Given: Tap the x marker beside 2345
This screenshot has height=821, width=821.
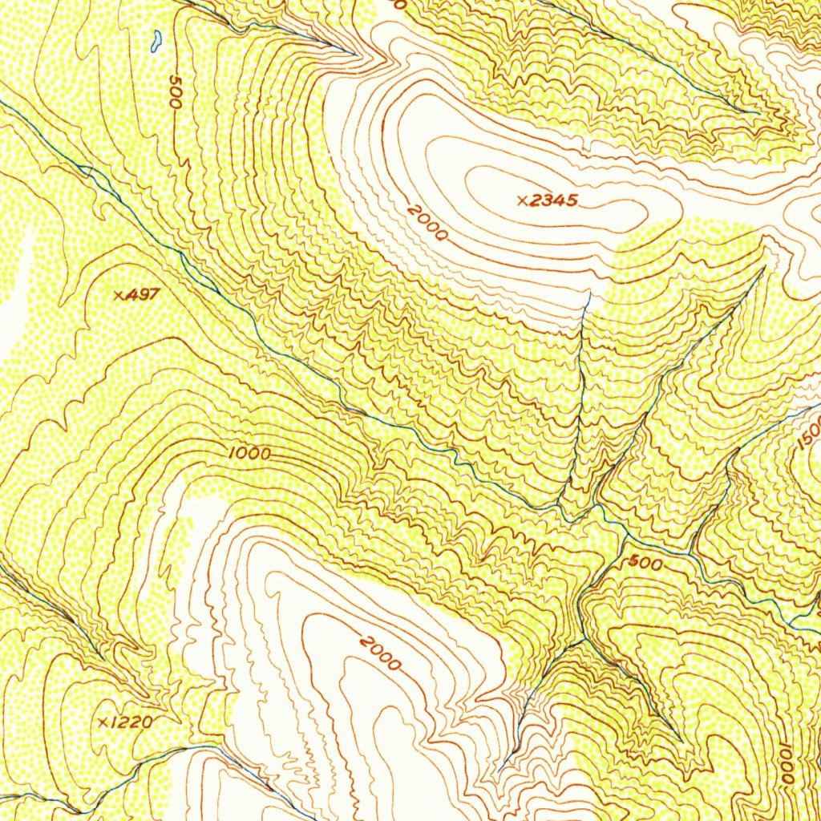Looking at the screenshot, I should pyautogui.click(x=522, y=201).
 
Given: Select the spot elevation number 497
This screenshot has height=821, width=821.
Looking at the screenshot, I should pyautogui.click(x=142, y=294).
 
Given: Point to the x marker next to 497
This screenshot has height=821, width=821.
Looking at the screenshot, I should pyautogui.click(x=119, y=295).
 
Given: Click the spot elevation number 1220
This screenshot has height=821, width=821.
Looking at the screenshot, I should pyautogui.click(x=130, y=722).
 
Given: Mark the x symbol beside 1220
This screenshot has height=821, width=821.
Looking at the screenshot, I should pyautogui.click(x=103, y=723).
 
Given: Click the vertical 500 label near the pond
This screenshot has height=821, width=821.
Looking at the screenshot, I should pyautogui.click(x=175, y=93).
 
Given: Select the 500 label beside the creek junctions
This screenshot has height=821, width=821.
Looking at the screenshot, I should pyautogui.click(x=645, y=564).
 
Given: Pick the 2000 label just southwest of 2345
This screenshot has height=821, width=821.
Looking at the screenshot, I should pyautogui.click(x=426, y=223).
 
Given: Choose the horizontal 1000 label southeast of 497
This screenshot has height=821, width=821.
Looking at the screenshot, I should pyautogui.click(x=249, y=454).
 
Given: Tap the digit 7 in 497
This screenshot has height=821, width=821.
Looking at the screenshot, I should pyautogui.click(x=154, y=294).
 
